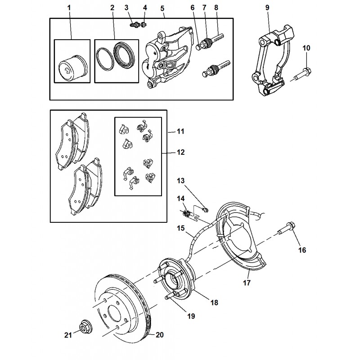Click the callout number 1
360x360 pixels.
69,8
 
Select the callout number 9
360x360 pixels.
267,8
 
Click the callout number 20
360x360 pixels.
160,335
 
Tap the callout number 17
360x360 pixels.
247,283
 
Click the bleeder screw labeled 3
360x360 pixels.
135,24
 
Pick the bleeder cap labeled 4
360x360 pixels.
144,24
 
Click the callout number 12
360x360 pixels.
181,152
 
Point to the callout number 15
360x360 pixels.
181,228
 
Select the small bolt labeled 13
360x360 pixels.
205,209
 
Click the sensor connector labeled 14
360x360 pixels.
186,213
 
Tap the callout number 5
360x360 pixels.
162,9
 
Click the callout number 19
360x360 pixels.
191,316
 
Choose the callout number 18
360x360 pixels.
214,302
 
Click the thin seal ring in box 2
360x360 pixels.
105,59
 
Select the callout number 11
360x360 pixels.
181,131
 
